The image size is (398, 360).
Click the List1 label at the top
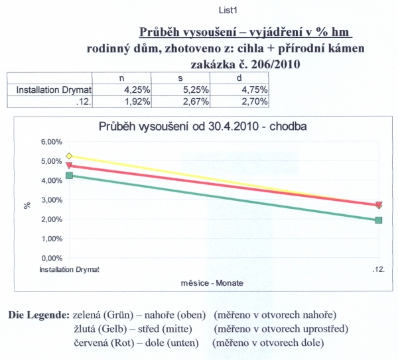pos(228,11)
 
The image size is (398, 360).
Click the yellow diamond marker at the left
pos(69,156)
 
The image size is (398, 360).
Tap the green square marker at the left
pos(69,176)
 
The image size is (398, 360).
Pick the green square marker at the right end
pos(378,220)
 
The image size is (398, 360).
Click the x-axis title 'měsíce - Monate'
pos(212,283)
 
